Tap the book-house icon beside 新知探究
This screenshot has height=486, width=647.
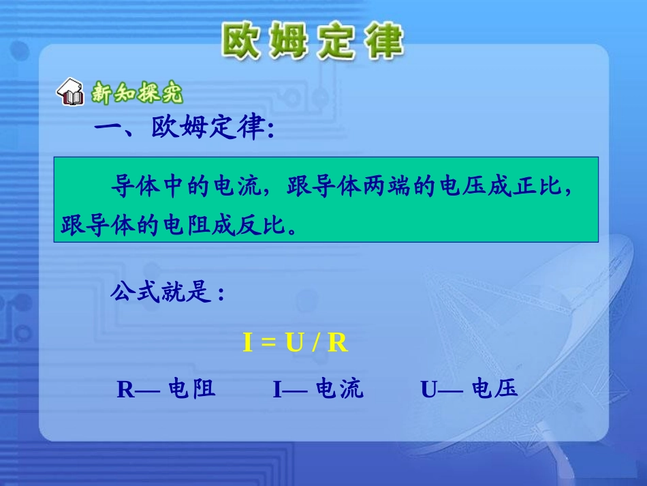(72, 93)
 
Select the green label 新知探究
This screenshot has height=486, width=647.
(137, 93)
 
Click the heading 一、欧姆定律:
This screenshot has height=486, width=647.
(184, 129)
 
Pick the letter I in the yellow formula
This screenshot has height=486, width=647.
(248, 343)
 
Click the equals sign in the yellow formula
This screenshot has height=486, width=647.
(268, 343)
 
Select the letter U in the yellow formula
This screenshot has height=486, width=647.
(294, 343)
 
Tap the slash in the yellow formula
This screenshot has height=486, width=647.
(315, 343)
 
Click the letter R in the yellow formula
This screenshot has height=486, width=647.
(337, 343)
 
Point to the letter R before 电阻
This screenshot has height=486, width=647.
(126, 389)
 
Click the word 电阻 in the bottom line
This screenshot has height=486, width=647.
(192, 389)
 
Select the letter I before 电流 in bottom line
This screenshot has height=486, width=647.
(277, 389)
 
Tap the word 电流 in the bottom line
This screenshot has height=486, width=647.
(340, 389)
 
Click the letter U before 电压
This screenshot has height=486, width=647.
(428, 389)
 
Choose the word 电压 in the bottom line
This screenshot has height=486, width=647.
(494, 389)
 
